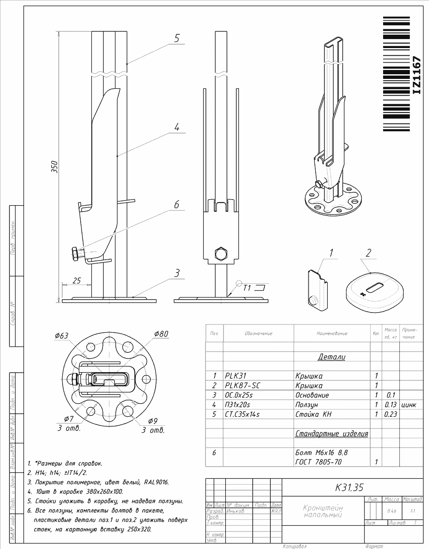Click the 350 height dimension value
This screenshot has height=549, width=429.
pyautogui.click(x=54, y=167)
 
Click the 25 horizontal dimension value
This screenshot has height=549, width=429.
pyautogui.click(x=77, y=281)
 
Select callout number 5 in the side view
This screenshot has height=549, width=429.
pyautogui.click(x=176, y=38)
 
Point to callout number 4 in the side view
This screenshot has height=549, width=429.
pyautogui.click(x=176, y=127)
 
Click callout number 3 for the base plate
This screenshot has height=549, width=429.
pyautogui.click(x=176, y=273)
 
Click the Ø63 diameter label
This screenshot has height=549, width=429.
pyautogui.click(x=61, y=336)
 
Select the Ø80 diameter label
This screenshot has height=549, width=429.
pyautogui.click(x=161, y=334)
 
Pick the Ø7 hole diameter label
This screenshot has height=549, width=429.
pyautogui.click(x=69, y=419)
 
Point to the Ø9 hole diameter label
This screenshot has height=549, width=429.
pyautogui.click(x=153, y=421)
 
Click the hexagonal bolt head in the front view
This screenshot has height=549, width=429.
pyautogui.click(x=221, y=253)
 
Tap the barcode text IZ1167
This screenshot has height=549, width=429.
pyautogui.click(x=416, y=75)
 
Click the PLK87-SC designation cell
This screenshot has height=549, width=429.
pyautogui.click(x=242, y=385)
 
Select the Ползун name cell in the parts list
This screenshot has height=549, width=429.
pyautogui.click(x=307, y=405)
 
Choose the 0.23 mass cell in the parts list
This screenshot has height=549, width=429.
pyautogui.click(x=390, y=414)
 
